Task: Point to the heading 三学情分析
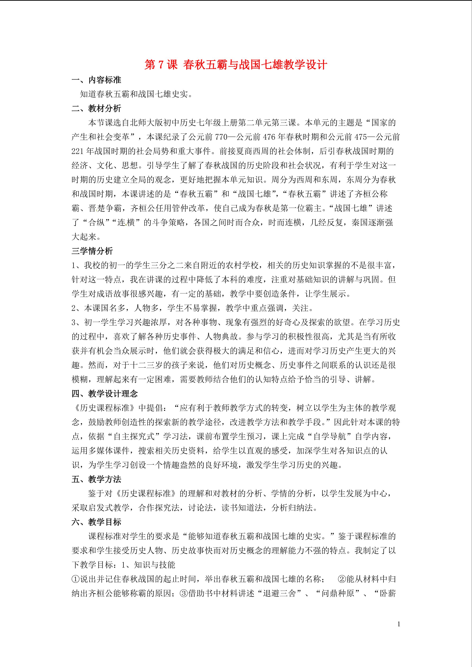coord(92,251)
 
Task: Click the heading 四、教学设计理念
coord(105,394)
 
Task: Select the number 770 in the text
coord(221,137)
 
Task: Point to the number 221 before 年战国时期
coord(78,151)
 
